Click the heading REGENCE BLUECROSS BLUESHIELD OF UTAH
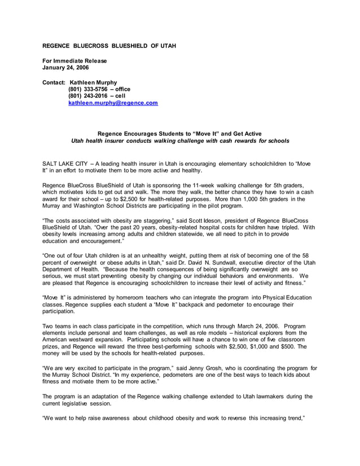(x=110, y=45)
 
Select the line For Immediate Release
(x=75, y=60)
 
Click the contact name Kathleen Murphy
(x=93, y=82)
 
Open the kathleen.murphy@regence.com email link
(x=113, y=103)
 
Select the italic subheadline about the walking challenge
(x=180, y=140)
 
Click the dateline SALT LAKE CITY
(x=65, y=162)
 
